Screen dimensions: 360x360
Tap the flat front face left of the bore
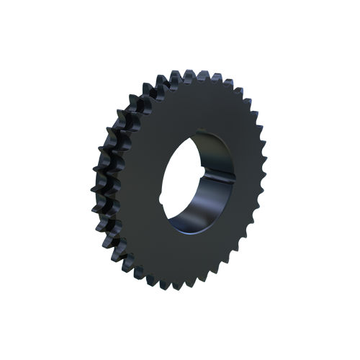point(144,187)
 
